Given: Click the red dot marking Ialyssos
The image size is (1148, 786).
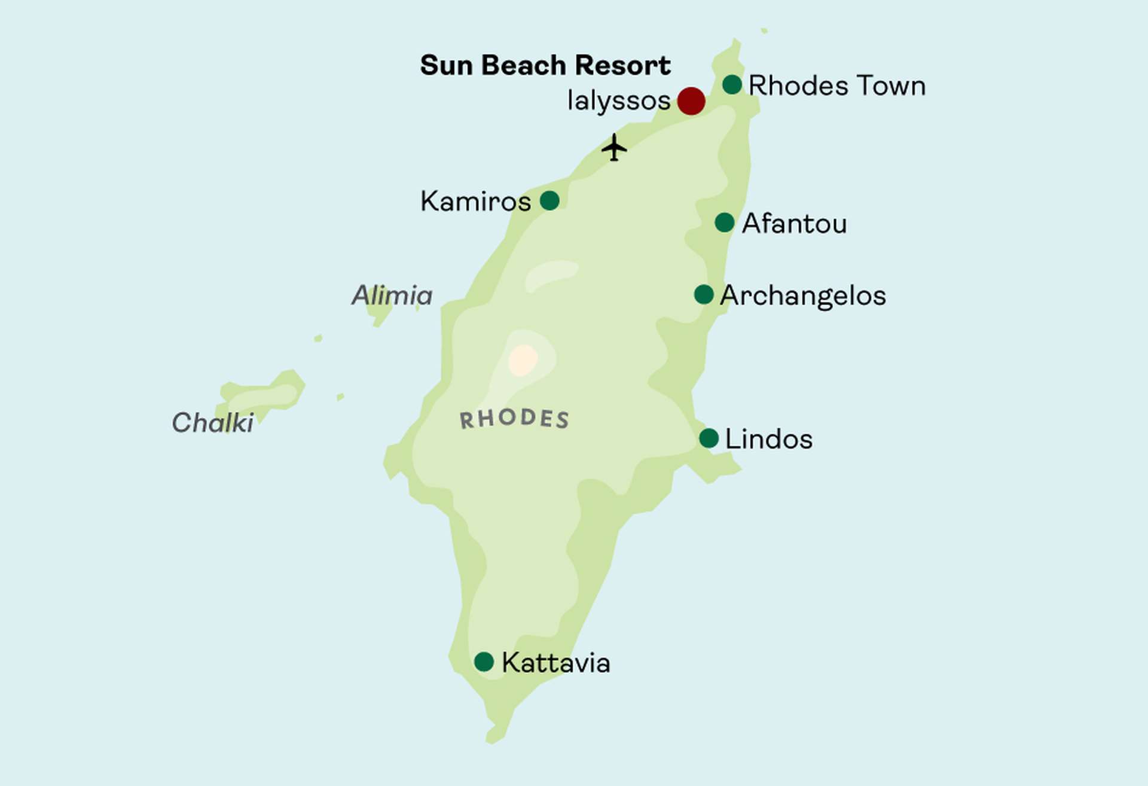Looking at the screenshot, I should point(691,100).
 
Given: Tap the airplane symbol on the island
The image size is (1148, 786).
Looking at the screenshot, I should point(614,147).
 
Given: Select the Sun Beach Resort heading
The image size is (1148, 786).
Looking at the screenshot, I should point(545,65).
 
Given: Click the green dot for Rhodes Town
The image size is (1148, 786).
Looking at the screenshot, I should point(732,84).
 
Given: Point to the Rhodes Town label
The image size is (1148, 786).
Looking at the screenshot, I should point(836,86).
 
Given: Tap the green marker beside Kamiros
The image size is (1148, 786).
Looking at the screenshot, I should point(549,200).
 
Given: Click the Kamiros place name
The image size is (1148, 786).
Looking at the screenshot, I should point(475,202).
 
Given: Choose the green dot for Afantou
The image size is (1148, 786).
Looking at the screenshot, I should point(724,223).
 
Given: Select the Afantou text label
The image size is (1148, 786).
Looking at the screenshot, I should point(794,224).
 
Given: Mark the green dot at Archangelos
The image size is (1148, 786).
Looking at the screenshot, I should point(704,294).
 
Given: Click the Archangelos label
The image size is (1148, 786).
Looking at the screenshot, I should point(802,295).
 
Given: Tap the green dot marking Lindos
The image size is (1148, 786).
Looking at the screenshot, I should point(709,438).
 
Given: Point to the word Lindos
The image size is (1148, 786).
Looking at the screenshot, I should point(768,439).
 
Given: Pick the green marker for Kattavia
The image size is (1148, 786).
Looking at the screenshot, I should point(484,662).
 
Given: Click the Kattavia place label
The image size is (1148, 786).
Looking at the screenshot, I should point(555,663).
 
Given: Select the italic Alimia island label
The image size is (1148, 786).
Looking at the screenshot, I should point(392,295).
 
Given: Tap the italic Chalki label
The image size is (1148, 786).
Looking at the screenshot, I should point(212,423).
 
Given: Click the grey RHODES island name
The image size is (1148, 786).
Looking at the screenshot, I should point(514,419).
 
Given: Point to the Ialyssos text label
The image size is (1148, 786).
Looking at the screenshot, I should point(619,100).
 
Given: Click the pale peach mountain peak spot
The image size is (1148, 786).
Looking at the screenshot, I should point(523,360).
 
